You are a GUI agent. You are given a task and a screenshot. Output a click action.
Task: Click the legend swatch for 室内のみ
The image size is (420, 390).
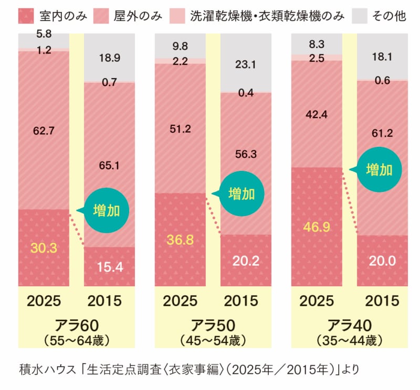26,16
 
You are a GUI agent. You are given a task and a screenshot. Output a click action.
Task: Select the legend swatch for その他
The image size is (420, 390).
360,16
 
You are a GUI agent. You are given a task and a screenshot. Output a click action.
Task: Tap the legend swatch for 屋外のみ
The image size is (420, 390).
101,16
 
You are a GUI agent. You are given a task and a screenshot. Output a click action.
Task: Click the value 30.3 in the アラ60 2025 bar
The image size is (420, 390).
44,248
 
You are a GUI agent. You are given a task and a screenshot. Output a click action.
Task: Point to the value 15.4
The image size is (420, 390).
110,267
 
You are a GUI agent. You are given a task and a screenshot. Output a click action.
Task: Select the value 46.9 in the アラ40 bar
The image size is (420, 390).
317,227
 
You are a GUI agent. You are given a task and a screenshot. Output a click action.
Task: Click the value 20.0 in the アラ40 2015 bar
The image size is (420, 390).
382,261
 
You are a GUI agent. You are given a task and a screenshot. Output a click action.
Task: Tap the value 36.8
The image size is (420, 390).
180,240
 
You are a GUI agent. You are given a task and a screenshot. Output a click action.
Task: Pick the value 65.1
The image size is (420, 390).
109,166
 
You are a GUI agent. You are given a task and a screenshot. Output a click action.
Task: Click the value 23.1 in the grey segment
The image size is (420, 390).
246,64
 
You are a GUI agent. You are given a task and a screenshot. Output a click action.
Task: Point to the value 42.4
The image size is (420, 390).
317,115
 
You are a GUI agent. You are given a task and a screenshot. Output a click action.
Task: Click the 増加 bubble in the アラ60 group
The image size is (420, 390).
106,210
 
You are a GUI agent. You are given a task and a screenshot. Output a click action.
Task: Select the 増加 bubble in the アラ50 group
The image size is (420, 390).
241,193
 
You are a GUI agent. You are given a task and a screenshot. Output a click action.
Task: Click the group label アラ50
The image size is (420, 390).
213,326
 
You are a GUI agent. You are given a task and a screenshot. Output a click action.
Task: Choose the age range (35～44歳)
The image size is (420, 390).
350,341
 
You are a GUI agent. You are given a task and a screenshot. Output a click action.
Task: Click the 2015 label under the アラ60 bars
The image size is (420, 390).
104,301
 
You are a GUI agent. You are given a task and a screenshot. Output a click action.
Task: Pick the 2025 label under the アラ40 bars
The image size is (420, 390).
317,301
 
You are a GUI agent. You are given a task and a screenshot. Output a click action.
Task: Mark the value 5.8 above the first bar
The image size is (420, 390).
44,34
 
